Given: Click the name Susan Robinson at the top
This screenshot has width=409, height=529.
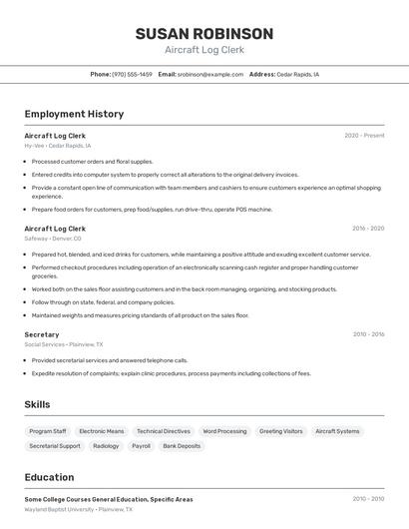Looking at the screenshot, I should click(204, 34).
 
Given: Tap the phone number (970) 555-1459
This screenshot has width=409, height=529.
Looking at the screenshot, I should click(133, 74).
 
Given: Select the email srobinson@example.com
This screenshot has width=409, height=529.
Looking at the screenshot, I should click(210, 74).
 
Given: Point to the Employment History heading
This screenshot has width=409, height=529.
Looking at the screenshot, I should click(74, 114).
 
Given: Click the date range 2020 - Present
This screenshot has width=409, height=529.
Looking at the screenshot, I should click(364, 136).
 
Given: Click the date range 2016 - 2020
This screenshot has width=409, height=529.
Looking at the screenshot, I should click(368, 229).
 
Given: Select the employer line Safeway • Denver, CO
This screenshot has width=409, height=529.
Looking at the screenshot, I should click(53, 239).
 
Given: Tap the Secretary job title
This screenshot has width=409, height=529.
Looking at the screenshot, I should click(42, 334).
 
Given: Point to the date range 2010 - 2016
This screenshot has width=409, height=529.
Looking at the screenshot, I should click(368, 334).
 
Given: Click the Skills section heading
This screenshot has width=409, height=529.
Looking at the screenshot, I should click(37, 404).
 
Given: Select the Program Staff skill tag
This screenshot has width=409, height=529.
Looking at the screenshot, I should click(48, 431).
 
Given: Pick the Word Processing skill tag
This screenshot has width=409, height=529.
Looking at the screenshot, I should click(224, 431).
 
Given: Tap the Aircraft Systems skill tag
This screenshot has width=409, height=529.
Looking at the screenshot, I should click(337, 431).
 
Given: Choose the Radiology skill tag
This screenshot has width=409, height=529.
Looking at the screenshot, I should click(106, 446).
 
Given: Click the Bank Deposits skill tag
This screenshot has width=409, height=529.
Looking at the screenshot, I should click(182, 446).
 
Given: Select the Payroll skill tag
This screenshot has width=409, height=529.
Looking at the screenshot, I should click(141, 446).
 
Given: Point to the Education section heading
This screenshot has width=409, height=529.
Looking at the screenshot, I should click(49, 477).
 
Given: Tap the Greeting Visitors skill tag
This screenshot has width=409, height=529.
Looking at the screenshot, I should click(280, 431).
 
